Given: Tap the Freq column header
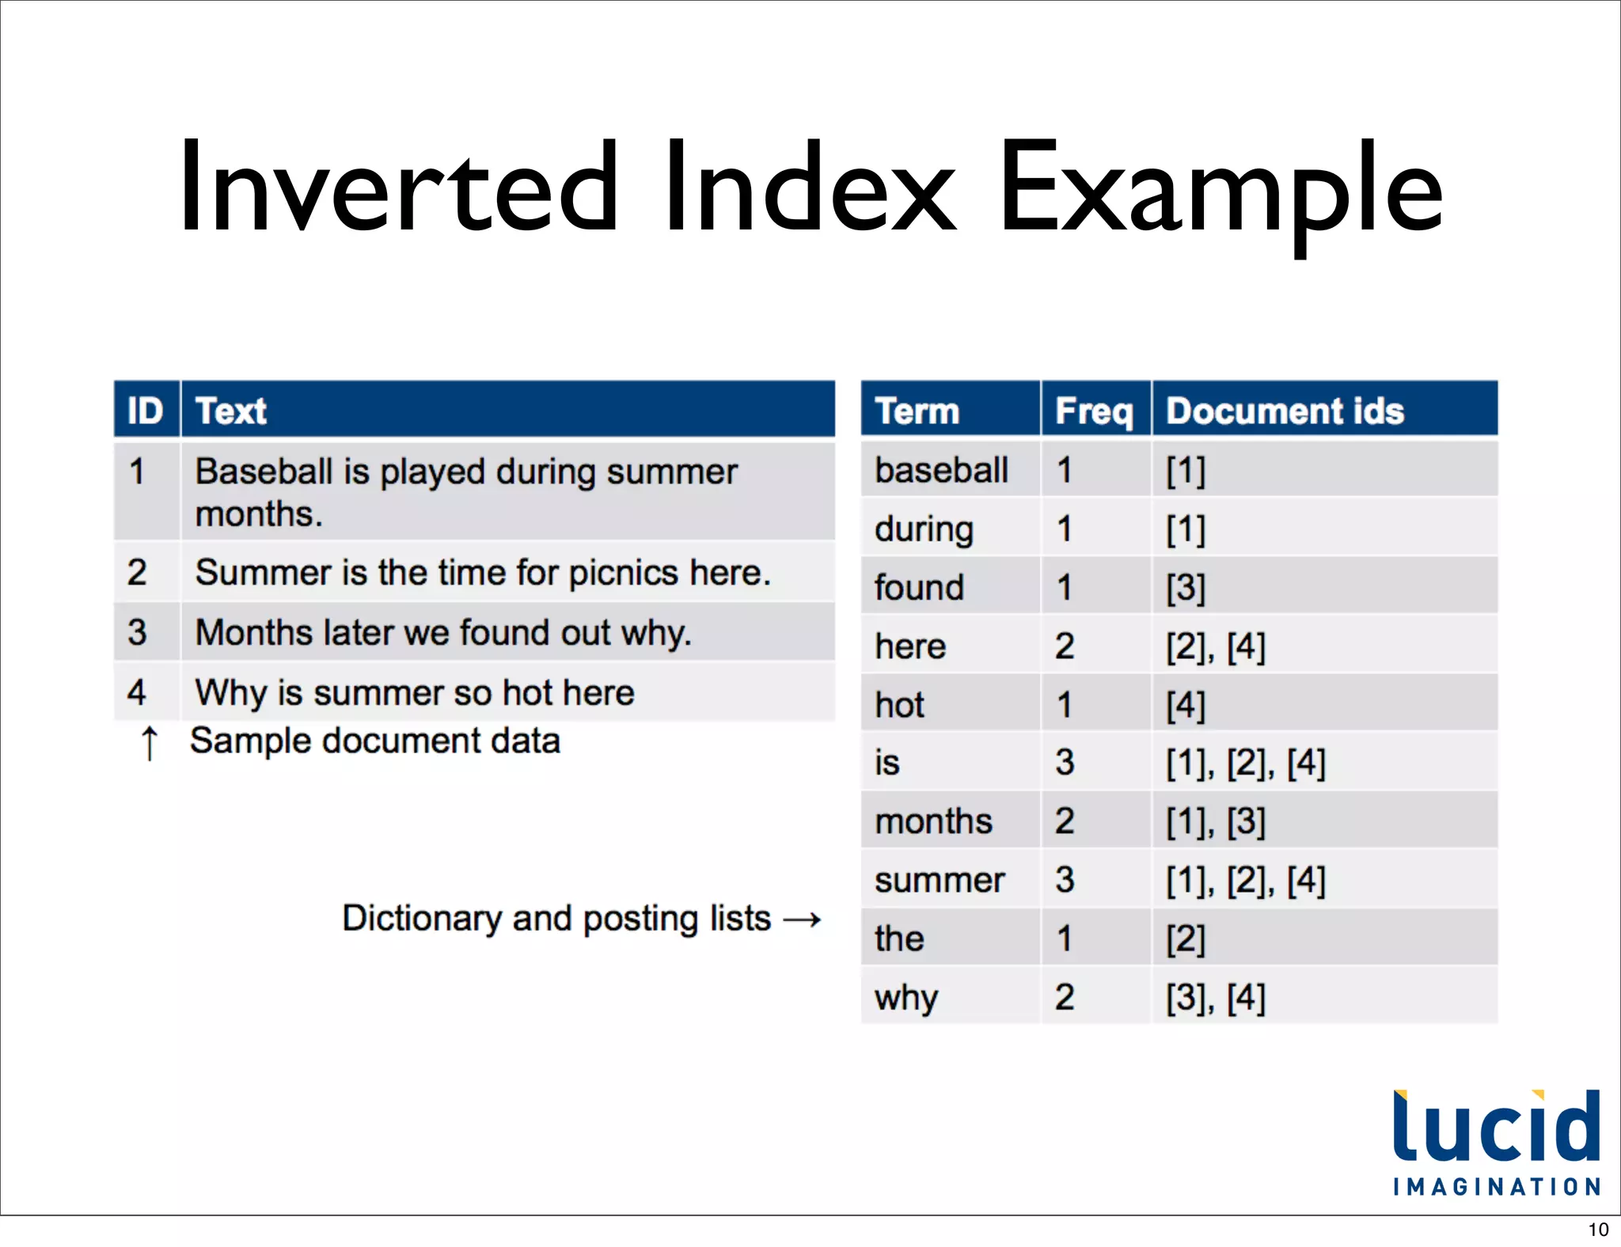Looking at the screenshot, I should pyautogui.click(x=1094, y=411).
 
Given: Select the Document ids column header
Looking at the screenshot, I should pyautogui.click(x=1285, y=411).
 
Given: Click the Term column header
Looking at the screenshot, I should pyautogui.click(x=917, y=411).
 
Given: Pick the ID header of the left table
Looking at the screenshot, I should pyautogui.click(x=145, y=411).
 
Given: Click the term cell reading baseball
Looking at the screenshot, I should pyautogui.click(x=941, y=470).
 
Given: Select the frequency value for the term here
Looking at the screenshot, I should pyautogui.click(x=1065, y=646).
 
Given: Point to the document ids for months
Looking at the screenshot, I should pyautogui.click(x=1215, y=821).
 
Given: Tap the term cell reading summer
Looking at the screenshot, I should pyautogui.click(x=940, y=880).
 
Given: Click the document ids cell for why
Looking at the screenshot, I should pyautogui.click(x=1215, y=997).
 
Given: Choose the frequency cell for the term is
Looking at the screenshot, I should pyautogui.click(x=1065, y=762).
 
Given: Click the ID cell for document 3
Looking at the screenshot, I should pyautogui.click(x=137, y=632).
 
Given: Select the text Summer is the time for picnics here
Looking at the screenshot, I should pyautogui.click(x=482, y=572).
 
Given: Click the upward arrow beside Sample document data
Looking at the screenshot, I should pyautogui.click(x=149, y=743).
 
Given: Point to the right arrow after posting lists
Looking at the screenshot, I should pyautogui.click(x=802, y=919).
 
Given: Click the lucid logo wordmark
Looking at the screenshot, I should pyautogui.click(x=1496, y=1128).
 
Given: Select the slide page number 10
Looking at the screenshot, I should pyautogui.click(x=1598, y=1230).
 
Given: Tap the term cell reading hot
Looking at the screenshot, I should pyautogui.click(x=899, y=704).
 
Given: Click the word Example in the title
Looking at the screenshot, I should pyautogui.click(x=1220, y=188).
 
